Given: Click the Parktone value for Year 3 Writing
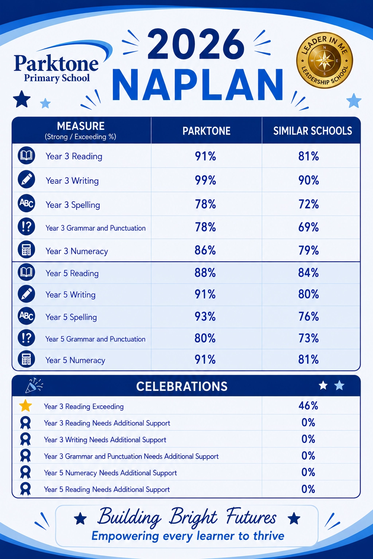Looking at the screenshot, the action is point(205,180).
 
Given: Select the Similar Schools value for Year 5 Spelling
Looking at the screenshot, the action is point(309,316).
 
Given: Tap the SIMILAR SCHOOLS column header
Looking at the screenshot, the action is point(313,131).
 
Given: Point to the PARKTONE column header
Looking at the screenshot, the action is point(207,131).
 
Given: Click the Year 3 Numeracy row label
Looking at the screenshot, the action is point(77,251).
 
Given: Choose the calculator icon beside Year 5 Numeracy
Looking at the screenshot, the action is point(27,359).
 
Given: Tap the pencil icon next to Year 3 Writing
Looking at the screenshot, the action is point(27,179).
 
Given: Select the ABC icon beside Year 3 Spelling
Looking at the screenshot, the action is point(27,203).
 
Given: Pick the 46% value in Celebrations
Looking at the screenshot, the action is point(308,406).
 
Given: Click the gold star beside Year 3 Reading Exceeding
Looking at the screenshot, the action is point(25,405).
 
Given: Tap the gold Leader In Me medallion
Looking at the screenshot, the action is point(325,60).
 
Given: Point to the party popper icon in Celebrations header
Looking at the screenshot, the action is point(34,385).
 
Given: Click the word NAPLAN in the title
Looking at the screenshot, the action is point(198,85).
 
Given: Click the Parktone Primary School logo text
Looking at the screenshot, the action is point(56,69).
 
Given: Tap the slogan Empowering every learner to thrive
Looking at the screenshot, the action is point(188,536).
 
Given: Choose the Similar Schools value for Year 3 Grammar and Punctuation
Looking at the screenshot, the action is point(309,227).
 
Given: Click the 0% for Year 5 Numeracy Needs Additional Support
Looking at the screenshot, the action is point(308,472).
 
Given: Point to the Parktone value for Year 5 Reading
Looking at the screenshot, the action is point(205,273).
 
